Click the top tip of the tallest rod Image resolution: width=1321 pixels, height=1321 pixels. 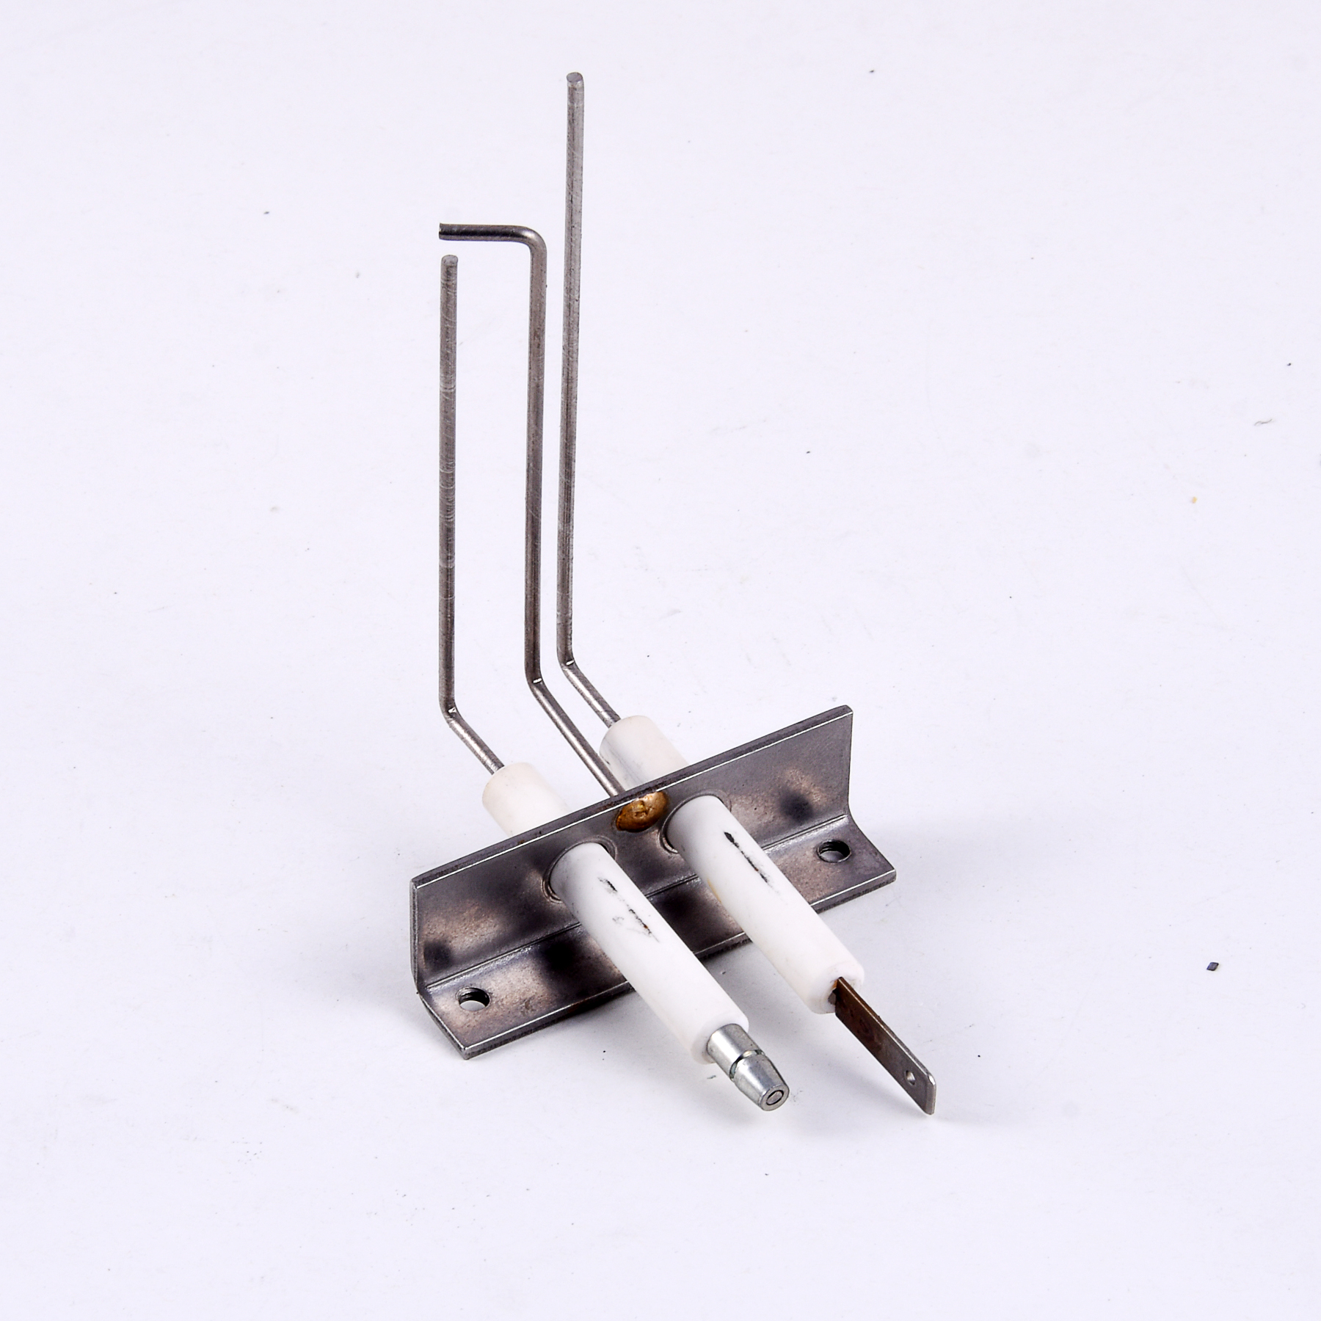point(575,76)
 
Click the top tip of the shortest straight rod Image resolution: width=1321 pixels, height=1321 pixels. point(450,260)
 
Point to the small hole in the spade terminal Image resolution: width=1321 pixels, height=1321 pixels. point(911,1077)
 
